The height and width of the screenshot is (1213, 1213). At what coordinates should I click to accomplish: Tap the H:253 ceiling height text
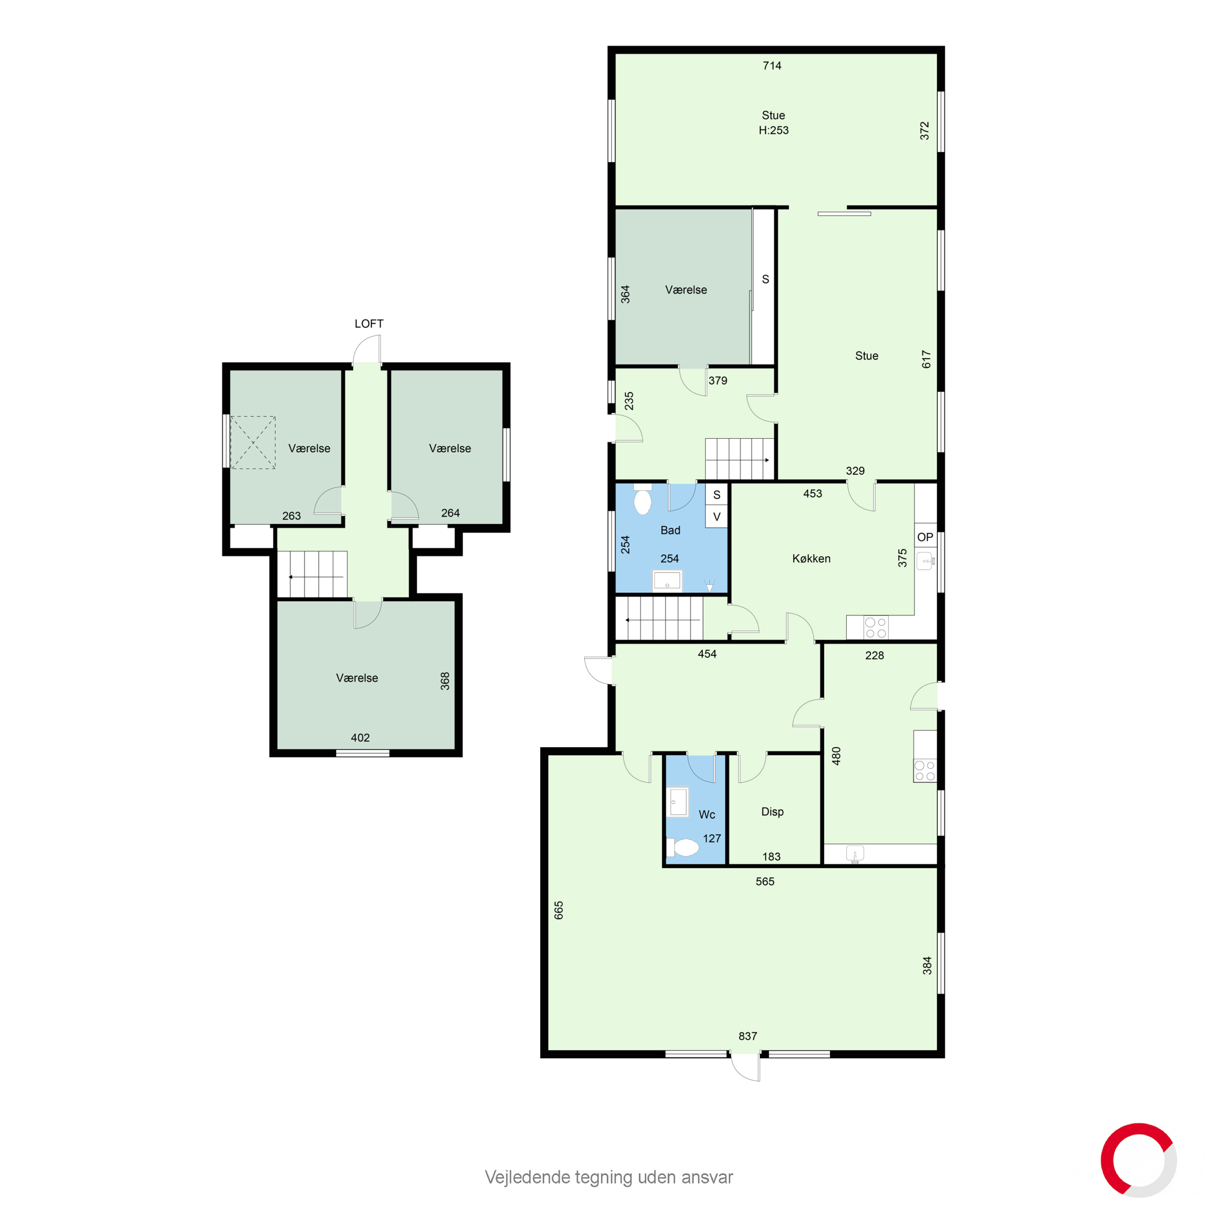pyautogui.click(x=773, y=130)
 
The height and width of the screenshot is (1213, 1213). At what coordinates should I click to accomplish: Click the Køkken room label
pyautogui.click(x=811, y=558)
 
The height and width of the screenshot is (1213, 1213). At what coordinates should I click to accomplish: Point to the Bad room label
pyautogui.click(x=670, y=530)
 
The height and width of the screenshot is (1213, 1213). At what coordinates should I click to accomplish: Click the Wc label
pyautogui.click(x=706, y=815)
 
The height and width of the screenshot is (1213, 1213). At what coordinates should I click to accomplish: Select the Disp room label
pyautogui.click(x=772, y=811)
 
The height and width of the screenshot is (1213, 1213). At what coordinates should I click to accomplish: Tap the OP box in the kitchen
pyautogui.click(x=925, y=537)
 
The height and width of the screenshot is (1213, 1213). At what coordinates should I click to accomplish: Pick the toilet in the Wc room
pyautogui.click(x=682, y=848)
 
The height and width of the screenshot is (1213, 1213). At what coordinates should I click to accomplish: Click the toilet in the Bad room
pyautogui.click(x=643, y=500)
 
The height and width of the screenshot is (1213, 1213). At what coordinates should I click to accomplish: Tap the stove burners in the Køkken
pyautogui.click(x=876, y=628)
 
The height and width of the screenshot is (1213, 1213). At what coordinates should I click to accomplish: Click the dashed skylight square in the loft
pyautogui.click(x=253, y=443)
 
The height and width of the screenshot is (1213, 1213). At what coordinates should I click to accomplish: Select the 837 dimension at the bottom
pyautogui.click(x=747, y=1036)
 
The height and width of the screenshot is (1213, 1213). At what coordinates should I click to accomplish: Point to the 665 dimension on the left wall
pyautogui.click(x=559, y=910)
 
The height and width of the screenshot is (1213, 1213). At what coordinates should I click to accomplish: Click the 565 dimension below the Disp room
pyautogui.click(x=765, y=881)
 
